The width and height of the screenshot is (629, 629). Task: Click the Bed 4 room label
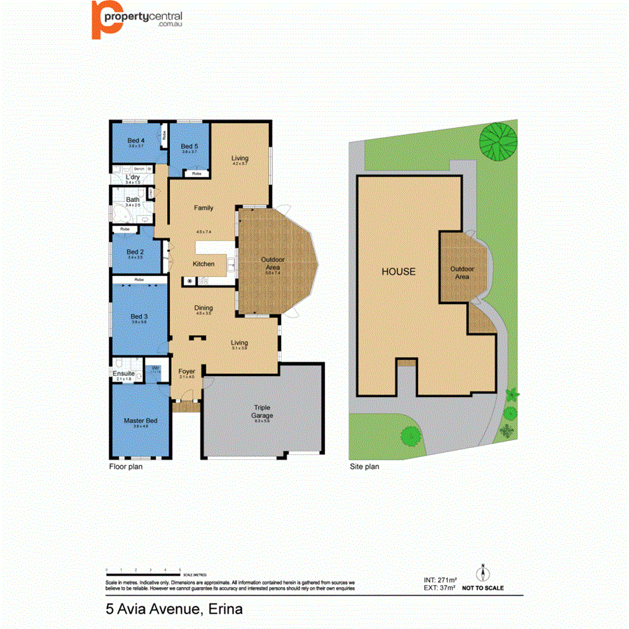pos(136,140)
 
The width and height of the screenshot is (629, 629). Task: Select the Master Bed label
pos(140,420)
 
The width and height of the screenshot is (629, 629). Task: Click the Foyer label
pos(187,371)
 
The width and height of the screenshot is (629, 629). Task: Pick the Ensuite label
pos(124,374)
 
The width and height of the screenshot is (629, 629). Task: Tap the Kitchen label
pos(203,263)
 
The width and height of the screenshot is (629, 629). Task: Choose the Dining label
pos(203,308)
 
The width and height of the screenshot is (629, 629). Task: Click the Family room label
pos(203,208)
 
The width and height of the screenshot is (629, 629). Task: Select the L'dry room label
pos(133,177)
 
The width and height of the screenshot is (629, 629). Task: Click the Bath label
pos(132,200)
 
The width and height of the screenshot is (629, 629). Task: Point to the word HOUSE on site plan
pos(398,271)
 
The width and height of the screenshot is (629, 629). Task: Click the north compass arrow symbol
pos(482,573)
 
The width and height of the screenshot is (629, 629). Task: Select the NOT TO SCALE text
pos(482,588)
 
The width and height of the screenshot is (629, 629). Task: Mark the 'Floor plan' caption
pos(126,467)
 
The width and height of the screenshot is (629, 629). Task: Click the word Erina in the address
pos(224,609)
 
